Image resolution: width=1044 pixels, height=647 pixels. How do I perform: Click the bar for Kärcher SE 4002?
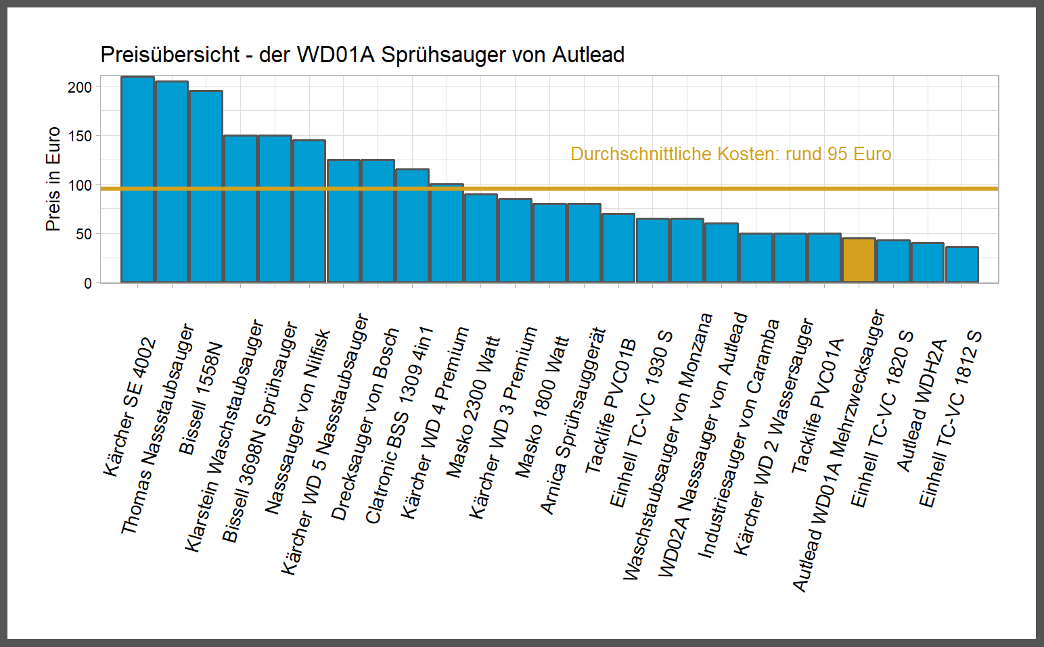coord(137,179)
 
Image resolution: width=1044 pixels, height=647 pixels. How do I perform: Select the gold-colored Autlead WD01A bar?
coord(859,260)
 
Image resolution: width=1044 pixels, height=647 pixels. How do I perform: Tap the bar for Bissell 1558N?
coord(206,186)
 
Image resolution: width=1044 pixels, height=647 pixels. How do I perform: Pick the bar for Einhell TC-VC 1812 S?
coord(961,265)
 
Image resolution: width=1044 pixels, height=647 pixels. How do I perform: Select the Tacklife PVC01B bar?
coord(618,248)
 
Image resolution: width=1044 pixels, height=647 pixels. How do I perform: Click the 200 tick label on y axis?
coord(80,87)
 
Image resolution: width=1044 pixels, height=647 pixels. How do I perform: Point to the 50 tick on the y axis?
coord(83,234)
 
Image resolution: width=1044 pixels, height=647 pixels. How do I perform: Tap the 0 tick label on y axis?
coord(88,283)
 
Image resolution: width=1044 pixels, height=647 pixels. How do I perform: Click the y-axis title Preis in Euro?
coord(53,179)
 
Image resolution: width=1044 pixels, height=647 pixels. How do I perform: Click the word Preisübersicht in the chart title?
coord(170,55)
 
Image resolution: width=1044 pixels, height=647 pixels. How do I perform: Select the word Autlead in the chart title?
coord(588,55)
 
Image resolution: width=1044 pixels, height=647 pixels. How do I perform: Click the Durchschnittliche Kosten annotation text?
coord(730,154)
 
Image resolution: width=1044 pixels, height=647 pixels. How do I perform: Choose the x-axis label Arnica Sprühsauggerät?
coord(572,421)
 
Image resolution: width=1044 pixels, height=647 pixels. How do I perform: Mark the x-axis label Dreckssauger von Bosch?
coord(365,424)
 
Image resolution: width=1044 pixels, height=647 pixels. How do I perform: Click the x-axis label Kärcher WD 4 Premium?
coord(434,423)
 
